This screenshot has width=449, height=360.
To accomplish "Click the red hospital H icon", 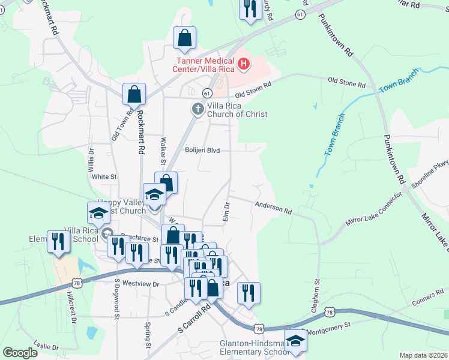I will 244,63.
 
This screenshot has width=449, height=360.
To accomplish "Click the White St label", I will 104,177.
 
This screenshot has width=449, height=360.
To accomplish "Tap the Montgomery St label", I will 328,329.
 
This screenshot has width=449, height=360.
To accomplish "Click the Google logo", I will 20,353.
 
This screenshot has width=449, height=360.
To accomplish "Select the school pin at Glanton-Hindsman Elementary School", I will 295,340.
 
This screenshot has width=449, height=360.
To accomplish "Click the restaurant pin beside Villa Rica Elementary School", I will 58,242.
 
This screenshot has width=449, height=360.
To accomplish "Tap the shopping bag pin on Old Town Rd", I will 134,94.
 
